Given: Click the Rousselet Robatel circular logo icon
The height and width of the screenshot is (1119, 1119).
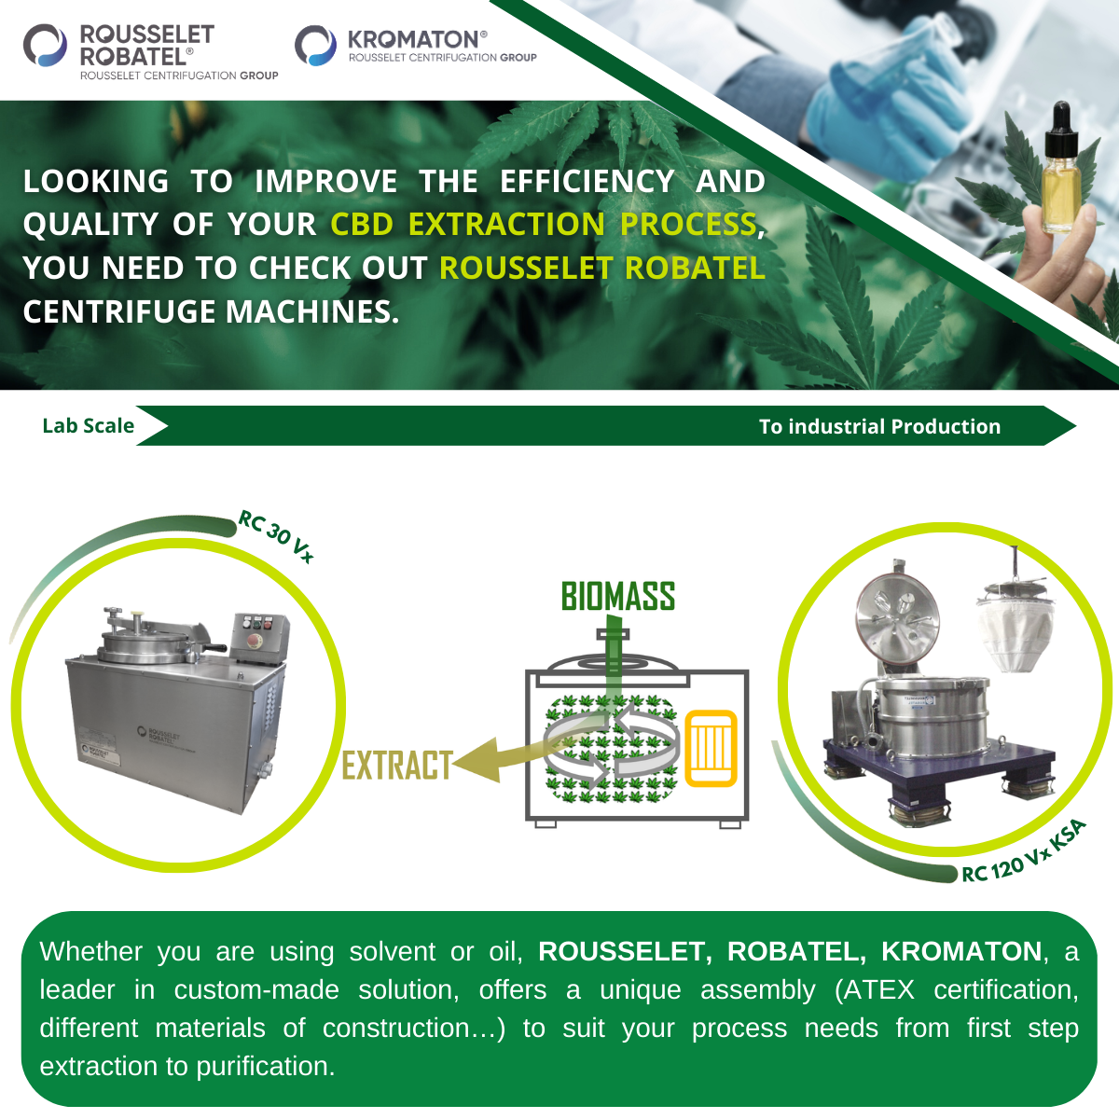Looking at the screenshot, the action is pos(45,45).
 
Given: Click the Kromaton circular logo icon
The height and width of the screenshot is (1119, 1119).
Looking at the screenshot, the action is pos(315,45).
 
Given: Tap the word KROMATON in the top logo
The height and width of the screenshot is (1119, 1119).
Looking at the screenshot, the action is pos(413,39).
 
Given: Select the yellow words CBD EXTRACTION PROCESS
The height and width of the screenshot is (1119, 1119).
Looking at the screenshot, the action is pos(544,224).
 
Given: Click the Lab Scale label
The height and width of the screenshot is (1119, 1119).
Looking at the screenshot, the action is pos(89,425).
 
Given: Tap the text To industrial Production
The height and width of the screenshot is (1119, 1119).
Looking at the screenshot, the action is pos(879,426).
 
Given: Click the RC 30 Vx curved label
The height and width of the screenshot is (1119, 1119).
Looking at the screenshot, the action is pos(276,536).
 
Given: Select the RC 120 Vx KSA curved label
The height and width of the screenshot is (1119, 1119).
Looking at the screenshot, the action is pos(1023,853).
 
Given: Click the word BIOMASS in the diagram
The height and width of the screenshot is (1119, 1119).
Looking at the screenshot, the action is pos(618,597).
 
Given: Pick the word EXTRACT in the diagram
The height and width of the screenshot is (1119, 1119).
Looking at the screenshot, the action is pos(397,766).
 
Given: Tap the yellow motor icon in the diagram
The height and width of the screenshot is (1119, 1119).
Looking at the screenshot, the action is pos(711,749).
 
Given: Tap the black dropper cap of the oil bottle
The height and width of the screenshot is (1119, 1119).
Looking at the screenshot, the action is pos(1061,124).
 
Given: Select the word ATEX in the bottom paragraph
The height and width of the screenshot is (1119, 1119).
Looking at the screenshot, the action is pos(878,989).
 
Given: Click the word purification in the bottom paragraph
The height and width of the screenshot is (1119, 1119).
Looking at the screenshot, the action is pos(266,1066).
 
